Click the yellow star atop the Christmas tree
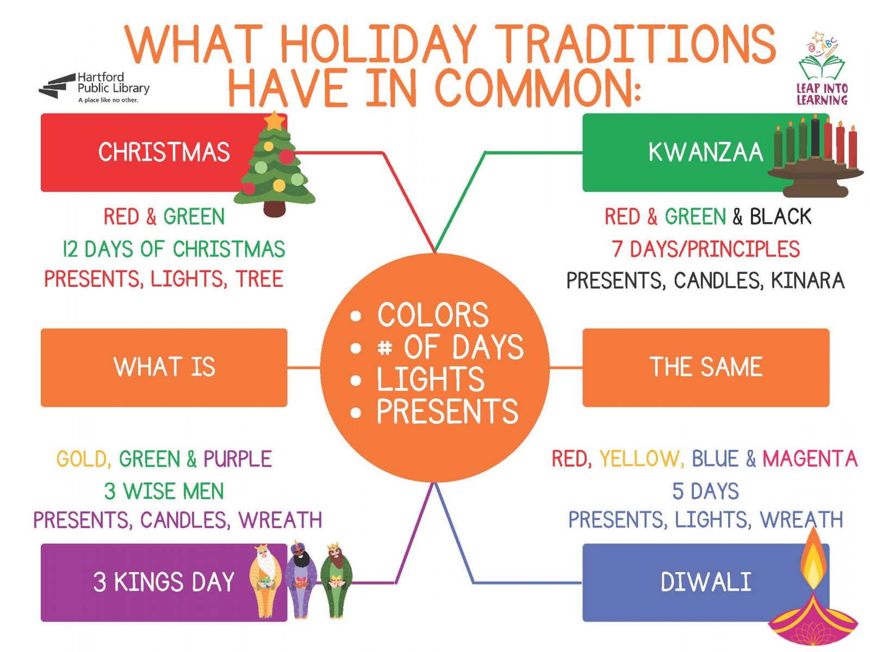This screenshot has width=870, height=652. point(274,120)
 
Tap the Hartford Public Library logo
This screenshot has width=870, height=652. point(94,87)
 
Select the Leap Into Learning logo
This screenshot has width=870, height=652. point(823,69)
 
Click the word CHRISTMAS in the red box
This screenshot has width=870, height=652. point(164,152)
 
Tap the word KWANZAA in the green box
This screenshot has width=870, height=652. point(705,152)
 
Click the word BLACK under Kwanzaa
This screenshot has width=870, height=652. point(780,217)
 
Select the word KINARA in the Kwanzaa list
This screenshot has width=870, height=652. point(807,280)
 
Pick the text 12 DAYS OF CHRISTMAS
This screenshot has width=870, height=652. point(173,249)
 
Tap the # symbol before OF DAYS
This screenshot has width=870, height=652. point(384,348)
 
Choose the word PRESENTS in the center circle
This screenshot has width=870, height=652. point(448,411)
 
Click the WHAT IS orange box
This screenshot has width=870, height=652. point(164,367)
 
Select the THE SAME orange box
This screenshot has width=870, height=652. point(705,367)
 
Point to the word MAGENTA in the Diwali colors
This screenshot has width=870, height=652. point(810,459)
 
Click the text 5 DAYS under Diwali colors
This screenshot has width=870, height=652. point(705,491)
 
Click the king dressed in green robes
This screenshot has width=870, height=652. point(336,580)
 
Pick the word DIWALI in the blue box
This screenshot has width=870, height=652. point(705,581)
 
